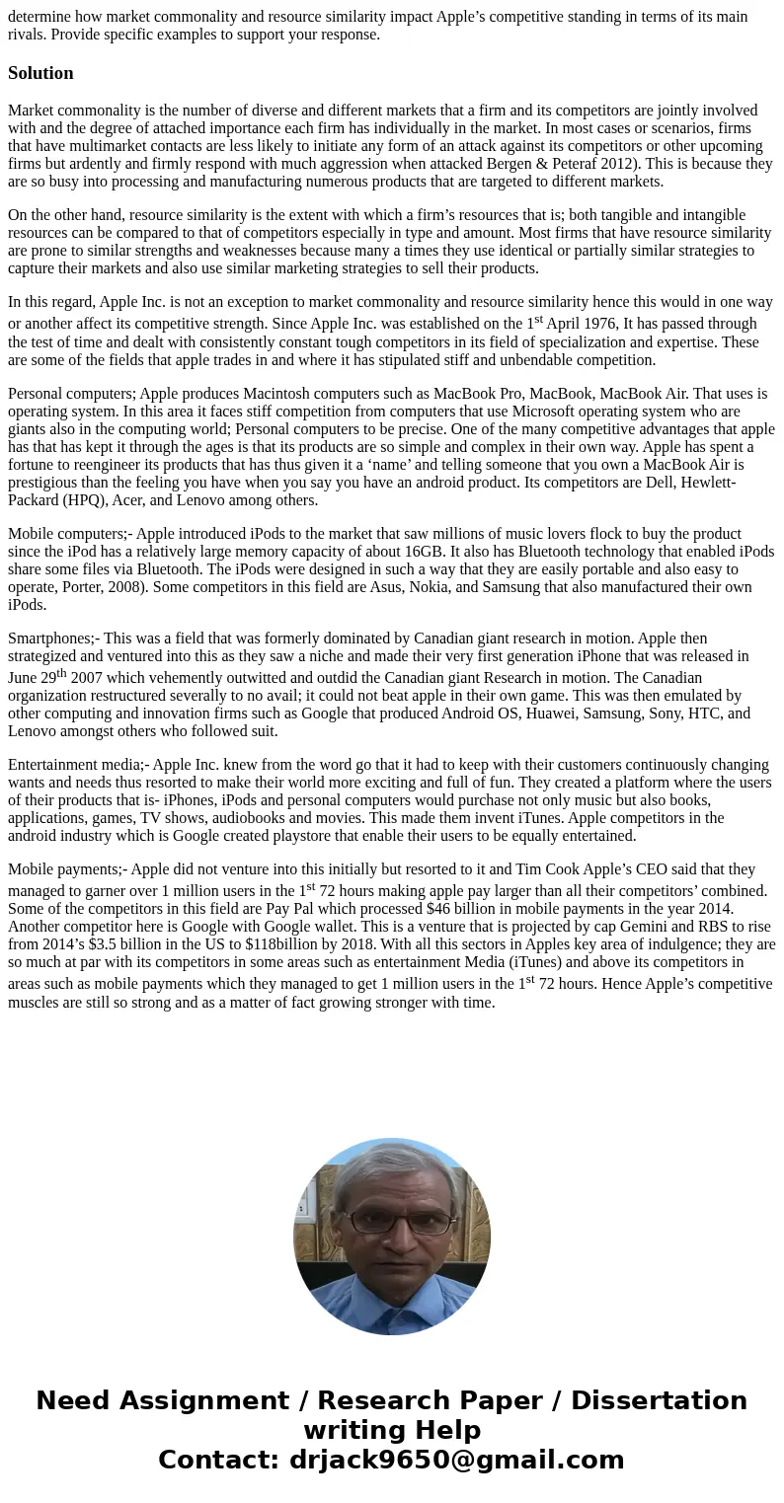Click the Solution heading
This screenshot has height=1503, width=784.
[40, 73]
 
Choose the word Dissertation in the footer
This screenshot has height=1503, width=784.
[659, 1400]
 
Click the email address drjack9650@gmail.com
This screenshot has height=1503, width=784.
[456, 1460]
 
